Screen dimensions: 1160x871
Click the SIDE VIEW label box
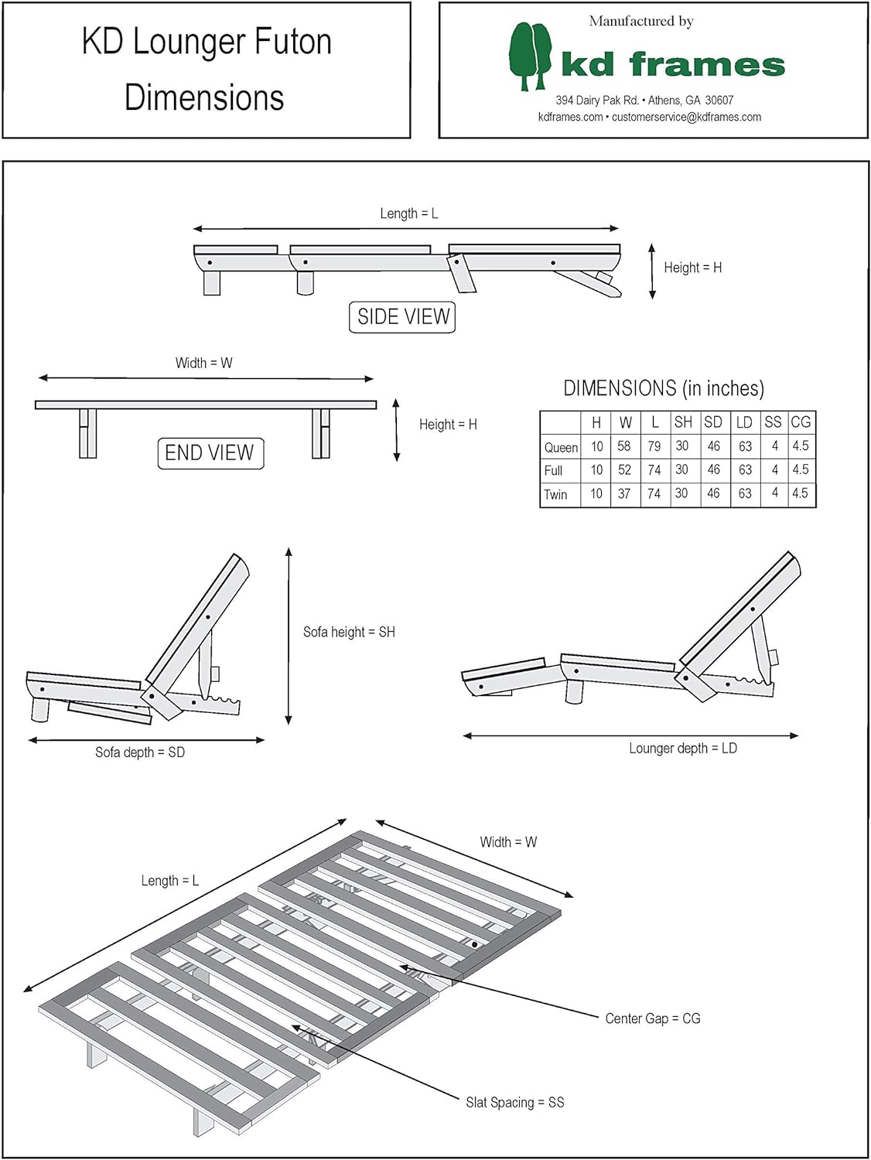tap(402, 317)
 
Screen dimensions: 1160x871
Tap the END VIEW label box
tap(210, 453)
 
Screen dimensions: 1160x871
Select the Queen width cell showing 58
tap(624, 446)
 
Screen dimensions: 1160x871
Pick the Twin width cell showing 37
tap(624, 493)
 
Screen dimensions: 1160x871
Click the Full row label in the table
tap(554, 470)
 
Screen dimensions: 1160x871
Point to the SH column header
tap(683, 422)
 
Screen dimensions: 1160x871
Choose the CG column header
tap(801, 422)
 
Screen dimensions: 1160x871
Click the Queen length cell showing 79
tap(654, 446)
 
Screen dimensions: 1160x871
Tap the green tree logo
tap(531, 56)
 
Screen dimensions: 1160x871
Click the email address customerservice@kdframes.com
tap(686, 118)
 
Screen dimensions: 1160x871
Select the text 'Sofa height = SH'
tap(349, 632)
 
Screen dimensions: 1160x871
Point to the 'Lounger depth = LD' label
tap(683, 749)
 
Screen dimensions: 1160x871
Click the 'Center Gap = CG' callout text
tap(653, 1018)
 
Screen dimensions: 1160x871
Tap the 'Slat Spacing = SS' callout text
tap(515, 1102)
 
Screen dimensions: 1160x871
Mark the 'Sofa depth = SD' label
tap(140, 752)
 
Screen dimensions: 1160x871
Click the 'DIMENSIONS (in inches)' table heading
tap(664, 388)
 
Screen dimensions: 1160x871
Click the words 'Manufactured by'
tap(641, 22)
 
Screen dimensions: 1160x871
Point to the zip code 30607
tap(719, 101)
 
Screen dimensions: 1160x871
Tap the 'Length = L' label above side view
tap(409, 213)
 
